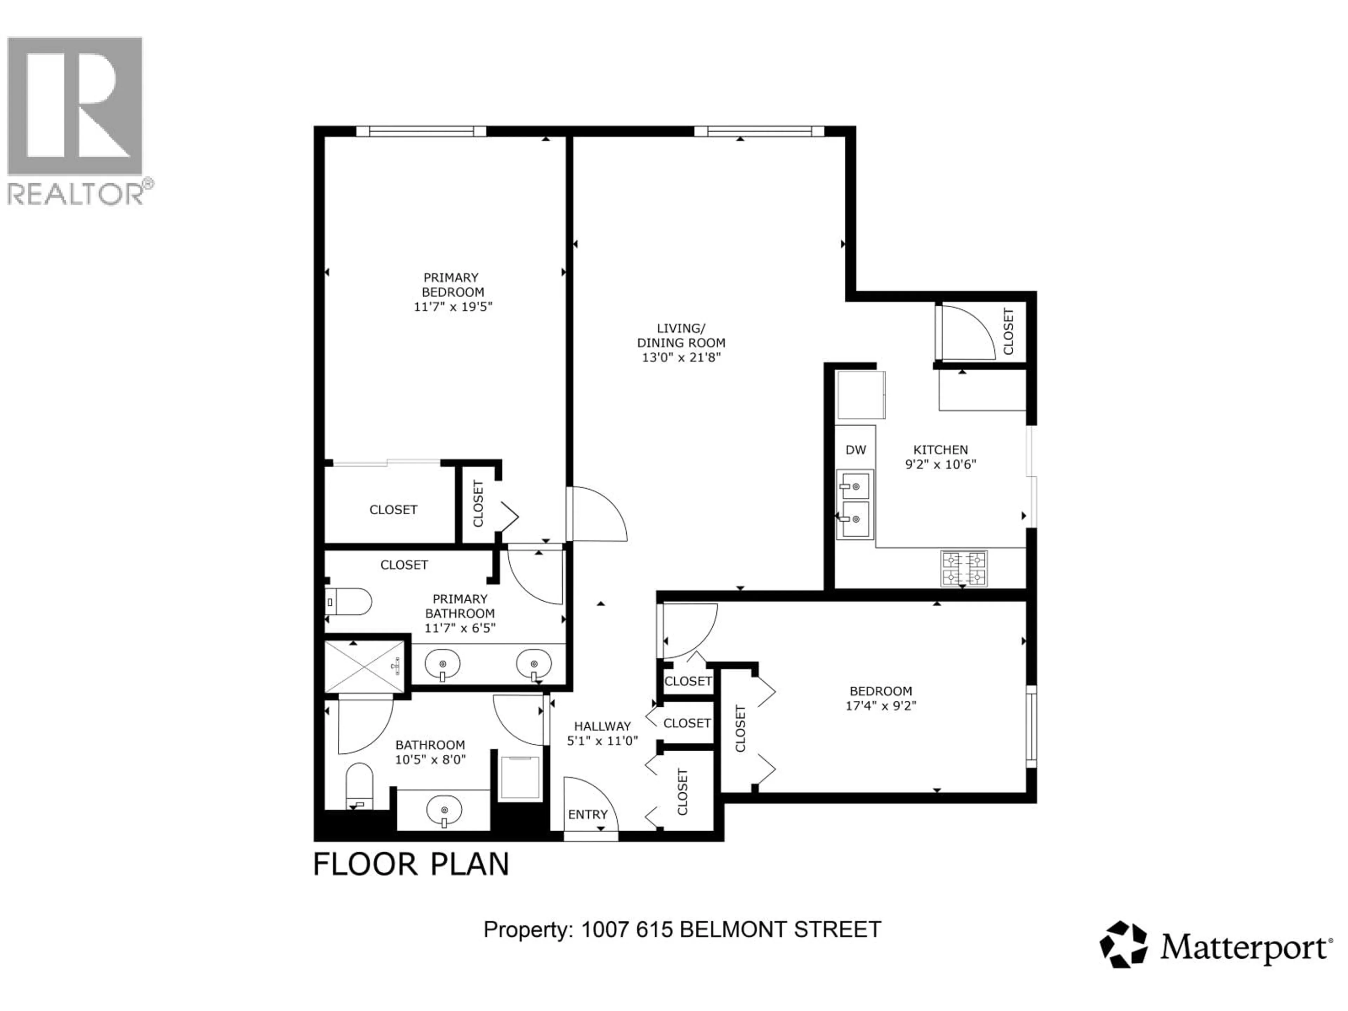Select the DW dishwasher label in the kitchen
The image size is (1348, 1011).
point(855,450)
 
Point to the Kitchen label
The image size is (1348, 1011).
point(940,450)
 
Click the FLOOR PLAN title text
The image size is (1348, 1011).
point(411,865)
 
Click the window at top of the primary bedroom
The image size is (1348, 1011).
point(421,131)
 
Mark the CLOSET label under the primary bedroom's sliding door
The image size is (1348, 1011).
point(393,509)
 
